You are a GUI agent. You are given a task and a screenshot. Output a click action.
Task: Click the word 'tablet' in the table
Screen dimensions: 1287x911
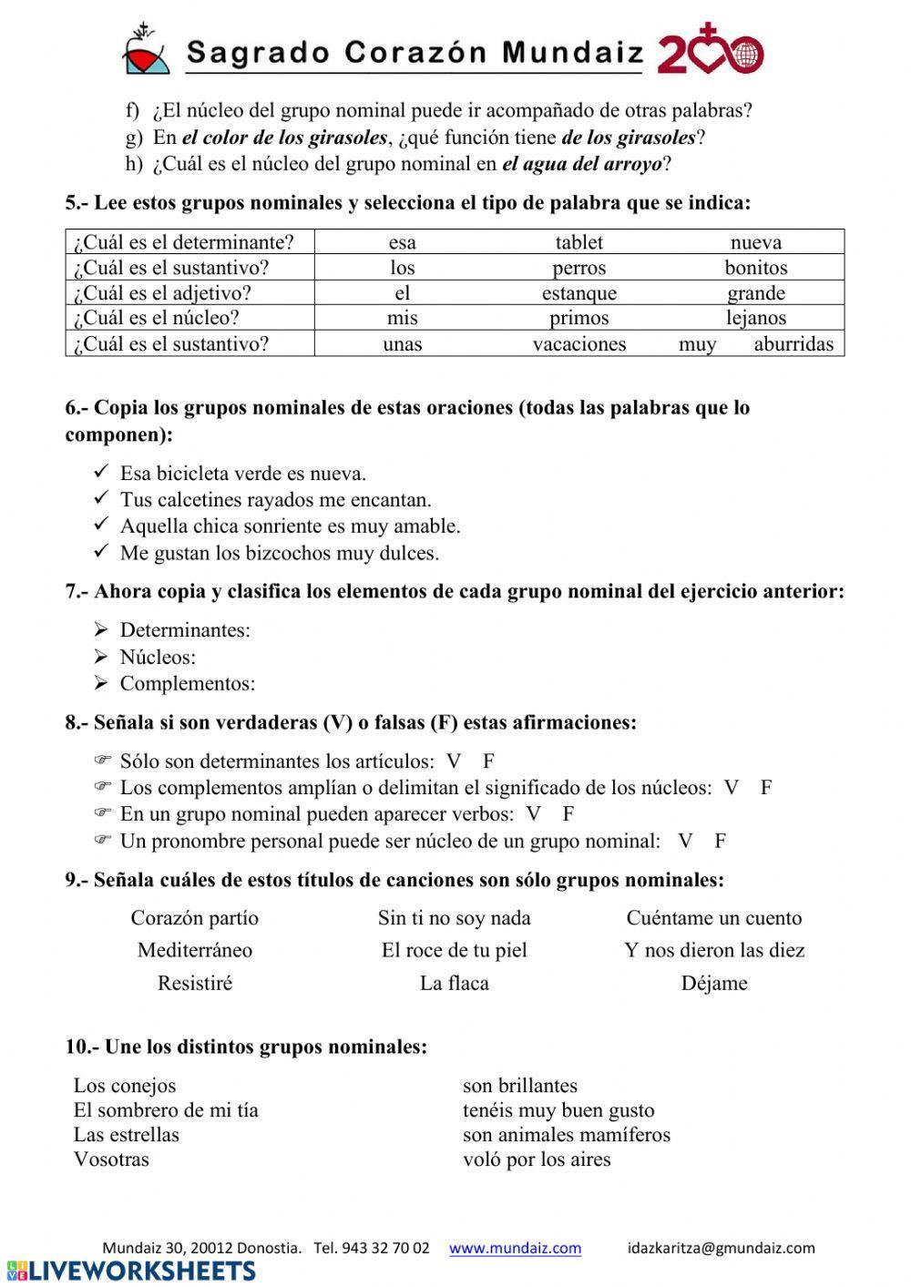point(578,242)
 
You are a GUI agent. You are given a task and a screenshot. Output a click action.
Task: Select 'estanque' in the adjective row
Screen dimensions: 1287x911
point(578,293)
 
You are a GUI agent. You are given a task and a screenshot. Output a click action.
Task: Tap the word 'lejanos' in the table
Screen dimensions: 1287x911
point(755,318)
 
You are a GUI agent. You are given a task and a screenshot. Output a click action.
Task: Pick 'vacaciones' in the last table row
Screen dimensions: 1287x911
point(578,344)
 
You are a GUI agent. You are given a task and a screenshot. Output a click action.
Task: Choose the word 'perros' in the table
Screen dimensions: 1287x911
point(578,268)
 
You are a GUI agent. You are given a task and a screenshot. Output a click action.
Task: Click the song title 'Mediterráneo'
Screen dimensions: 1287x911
point(195,950)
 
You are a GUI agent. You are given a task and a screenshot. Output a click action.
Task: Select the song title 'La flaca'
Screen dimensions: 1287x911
point(454,983)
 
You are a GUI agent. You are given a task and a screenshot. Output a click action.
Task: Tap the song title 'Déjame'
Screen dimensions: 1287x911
point(713,983)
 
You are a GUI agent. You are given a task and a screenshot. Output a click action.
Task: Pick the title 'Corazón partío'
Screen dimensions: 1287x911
point(194,918)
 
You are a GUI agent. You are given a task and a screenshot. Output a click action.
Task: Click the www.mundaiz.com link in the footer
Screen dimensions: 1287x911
point(515,1248)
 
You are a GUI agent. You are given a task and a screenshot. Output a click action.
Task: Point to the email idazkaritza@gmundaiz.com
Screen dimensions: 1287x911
point(721,1248)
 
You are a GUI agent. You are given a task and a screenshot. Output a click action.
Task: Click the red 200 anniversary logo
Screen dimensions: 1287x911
point(710,54)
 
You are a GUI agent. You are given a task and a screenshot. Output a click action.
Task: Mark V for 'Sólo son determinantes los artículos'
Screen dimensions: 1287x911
point(454,761)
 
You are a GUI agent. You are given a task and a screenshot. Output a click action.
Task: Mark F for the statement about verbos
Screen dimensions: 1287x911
point(568,814)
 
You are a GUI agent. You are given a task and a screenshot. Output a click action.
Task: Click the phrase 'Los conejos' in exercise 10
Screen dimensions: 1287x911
point(125,1086)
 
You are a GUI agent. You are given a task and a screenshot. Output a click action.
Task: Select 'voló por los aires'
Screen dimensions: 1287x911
point(537,1159)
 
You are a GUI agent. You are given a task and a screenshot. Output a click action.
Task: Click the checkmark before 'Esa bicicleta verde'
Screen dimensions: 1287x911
point(101,473)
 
